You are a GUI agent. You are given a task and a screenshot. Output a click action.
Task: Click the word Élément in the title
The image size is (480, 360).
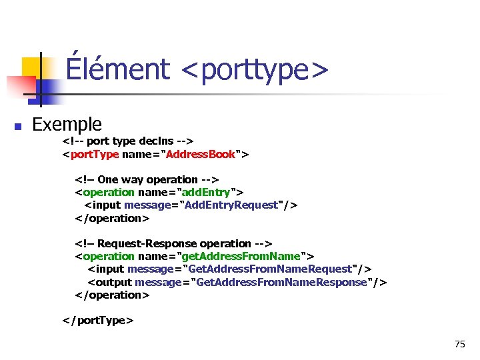(118, 69)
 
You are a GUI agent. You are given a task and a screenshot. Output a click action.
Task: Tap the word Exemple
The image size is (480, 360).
(67, 124)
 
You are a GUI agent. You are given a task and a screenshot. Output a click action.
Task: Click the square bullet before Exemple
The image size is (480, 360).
(19, 126)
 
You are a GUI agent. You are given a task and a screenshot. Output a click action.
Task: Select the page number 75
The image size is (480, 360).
(459, 344)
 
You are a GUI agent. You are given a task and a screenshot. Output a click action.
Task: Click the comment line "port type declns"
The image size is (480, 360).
(127, 141)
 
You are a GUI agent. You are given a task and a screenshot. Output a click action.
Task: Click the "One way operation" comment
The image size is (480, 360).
(147, 179)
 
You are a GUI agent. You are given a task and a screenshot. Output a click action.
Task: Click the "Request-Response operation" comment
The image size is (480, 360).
(173, 243)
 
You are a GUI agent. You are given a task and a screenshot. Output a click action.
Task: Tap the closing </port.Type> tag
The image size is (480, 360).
(98, 320)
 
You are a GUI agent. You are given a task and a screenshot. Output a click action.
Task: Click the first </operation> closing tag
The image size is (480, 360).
(112, 218)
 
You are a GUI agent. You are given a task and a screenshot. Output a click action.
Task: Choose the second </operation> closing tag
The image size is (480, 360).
(112, 295)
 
